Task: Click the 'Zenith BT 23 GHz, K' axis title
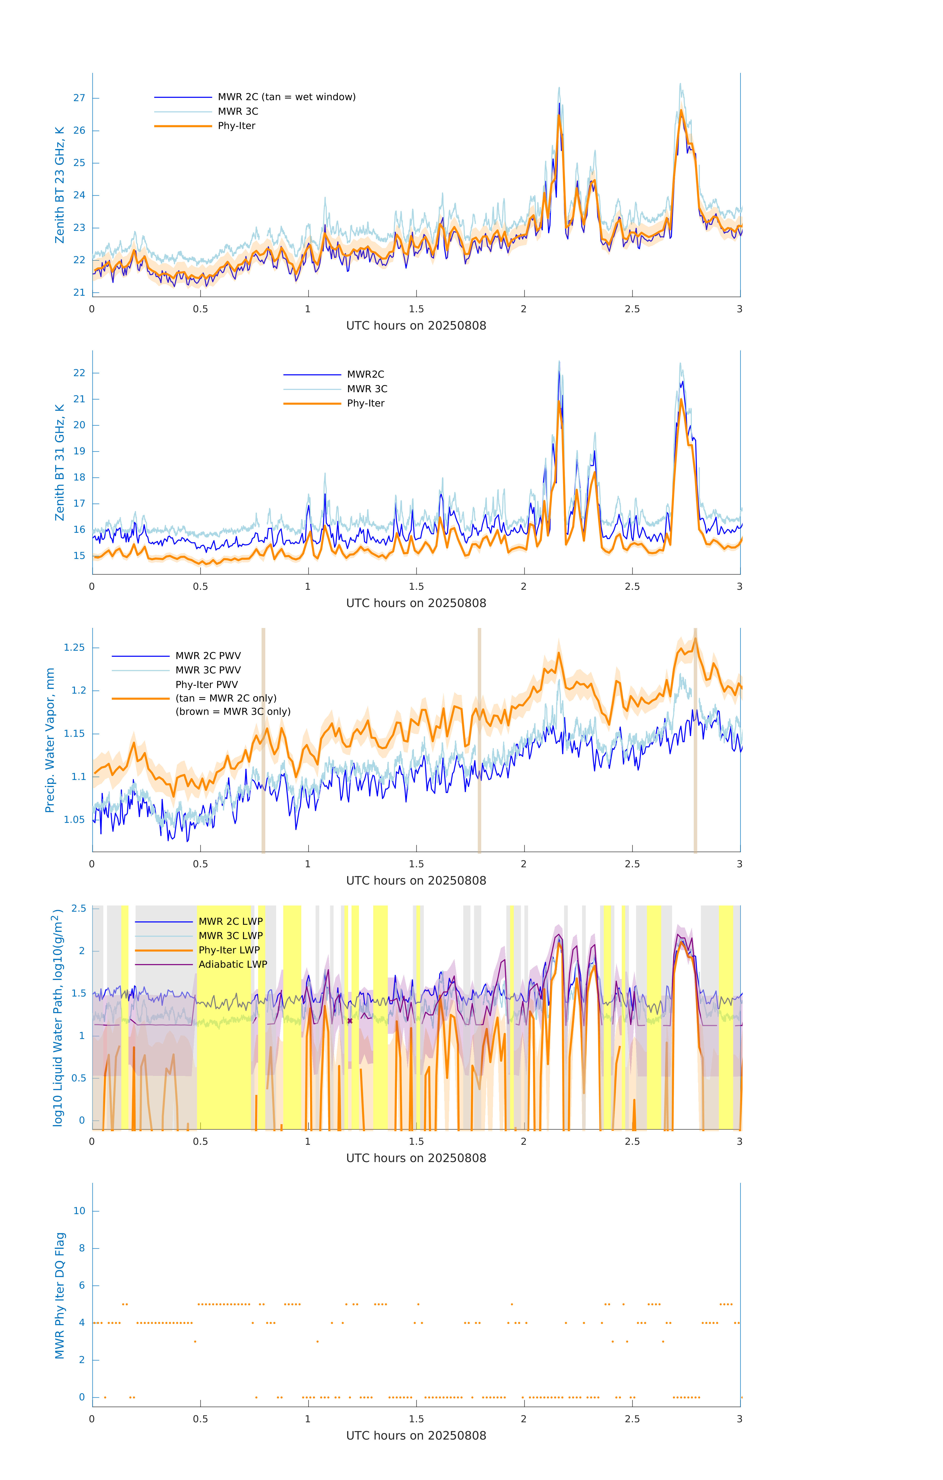point(60,185)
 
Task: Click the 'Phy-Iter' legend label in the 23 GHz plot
point(236,126)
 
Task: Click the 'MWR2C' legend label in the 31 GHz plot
point(366,374)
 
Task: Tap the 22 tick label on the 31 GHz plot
point(79,373)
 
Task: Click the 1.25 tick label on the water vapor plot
point(74,648)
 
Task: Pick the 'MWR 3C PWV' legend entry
point(208,670)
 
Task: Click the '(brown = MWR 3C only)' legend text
point(233,712)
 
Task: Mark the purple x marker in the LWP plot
point(350,1021)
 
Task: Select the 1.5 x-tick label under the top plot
point(416,309)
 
